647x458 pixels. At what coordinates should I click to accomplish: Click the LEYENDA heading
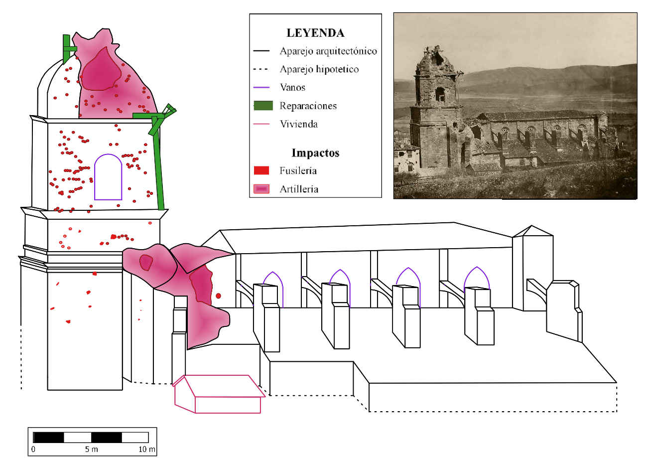[x=315, y=33]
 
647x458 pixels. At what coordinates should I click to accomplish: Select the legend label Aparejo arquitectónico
[x=328, y=51]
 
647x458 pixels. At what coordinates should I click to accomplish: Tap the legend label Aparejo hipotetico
[x=319, y=69]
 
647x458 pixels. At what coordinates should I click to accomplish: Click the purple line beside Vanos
[x=261, y=87]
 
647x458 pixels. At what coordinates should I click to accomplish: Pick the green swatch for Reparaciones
[x=263, y=106]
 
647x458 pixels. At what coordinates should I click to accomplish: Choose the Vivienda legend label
[x=299, y=124]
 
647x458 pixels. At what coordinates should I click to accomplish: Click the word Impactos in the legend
[x=315, y=153]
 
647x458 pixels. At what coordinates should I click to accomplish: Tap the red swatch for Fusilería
[x=261, y=170]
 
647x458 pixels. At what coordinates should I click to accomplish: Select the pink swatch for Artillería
[x=261, y=189]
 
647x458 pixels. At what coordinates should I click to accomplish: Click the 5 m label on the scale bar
[x=91, y=450]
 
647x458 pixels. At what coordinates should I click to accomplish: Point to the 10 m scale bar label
[x=147, y=450]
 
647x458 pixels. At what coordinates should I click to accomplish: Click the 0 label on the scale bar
[x=33, y=450]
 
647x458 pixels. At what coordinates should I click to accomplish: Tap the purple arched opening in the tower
[x=108, y=154]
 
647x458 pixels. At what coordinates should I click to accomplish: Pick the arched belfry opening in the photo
[x=440, y=95]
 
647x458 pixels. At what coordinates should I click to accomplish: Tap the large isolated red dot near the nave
[x=218, y=296]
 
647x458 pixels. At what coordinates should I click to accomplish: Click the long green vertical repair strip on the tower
[x=158, y=170]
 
